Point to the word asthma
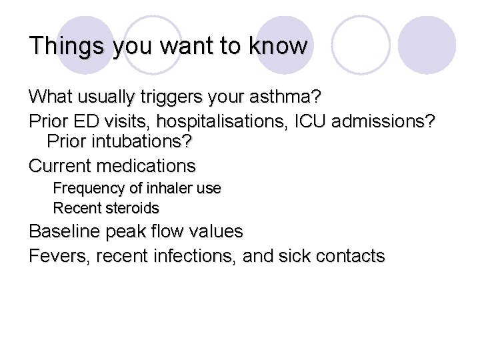pos(290,97)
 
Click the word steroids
pos(132,208)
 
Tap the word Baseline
pos(63,232)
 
